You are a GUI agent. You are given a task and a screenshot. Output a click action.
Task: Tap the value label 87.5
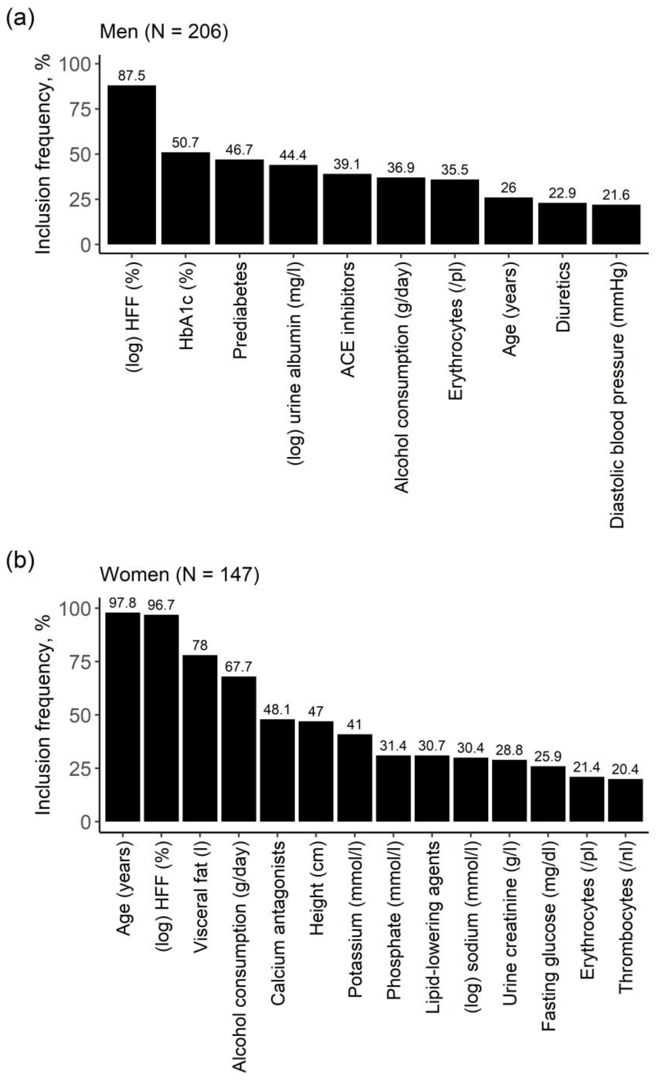[132, 76]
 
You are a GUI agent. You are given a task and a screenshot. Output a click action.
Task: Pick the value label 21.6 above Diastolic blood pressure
[616, 195]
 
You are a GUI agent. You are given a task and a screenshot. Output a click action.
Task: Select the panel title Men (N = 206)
[164, 32]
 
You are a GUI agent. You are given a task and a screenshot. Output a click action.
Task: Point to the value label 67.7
[238, 667]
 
